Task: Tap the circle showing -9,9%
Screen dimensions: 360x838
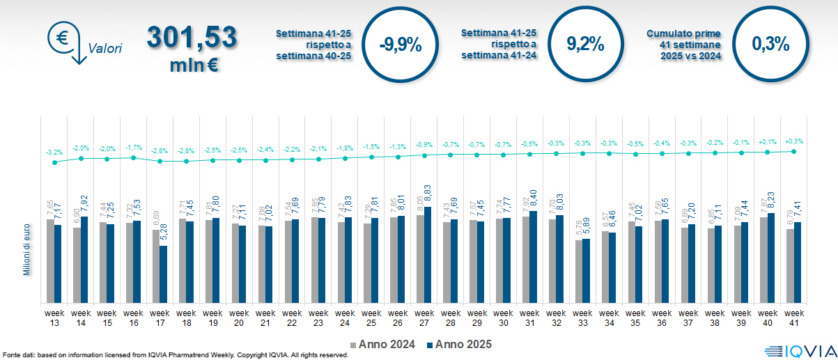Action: point(401,45)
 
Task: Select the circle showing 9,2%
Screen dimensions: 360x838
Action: point(585,45)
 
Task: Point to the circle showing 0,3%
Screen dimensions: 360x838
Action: point(770,45)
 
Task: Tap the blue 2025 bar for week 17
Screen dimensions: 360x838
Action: point(163,274)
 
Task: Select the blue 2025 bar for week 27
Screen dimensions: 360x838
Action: point(427,255)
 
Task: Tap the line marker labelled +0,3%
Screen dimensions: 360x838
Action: point(793,151)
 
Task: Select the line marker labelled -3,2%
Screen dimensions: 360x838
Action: point(54,162)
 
